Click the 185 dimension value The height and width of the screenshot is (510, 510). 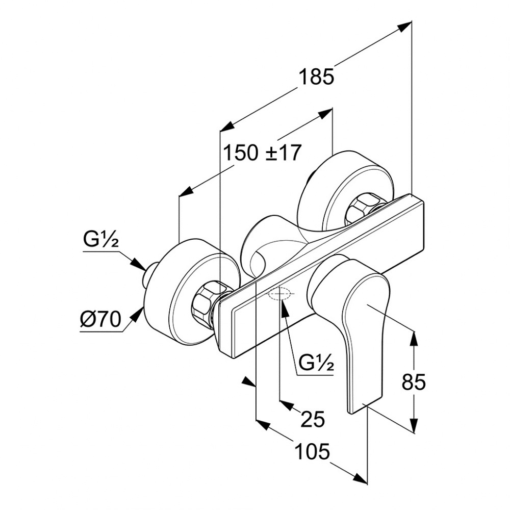[x=316, y=76]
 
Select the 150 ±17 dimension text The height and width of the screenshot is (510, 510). [x=263, y=152]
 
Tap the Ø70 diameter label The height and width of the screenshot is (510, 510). [x=100, y=320]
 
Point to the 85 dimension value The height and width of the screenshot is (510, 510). [x=413, y=381]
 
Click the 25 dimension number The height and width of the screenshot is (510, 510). [x=313, y=419]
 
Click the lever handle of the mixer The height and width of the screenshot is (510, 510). [x=357, y=316]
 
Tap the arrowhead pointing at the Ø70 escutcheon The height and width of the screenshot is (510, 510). [x=137, y=314]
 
